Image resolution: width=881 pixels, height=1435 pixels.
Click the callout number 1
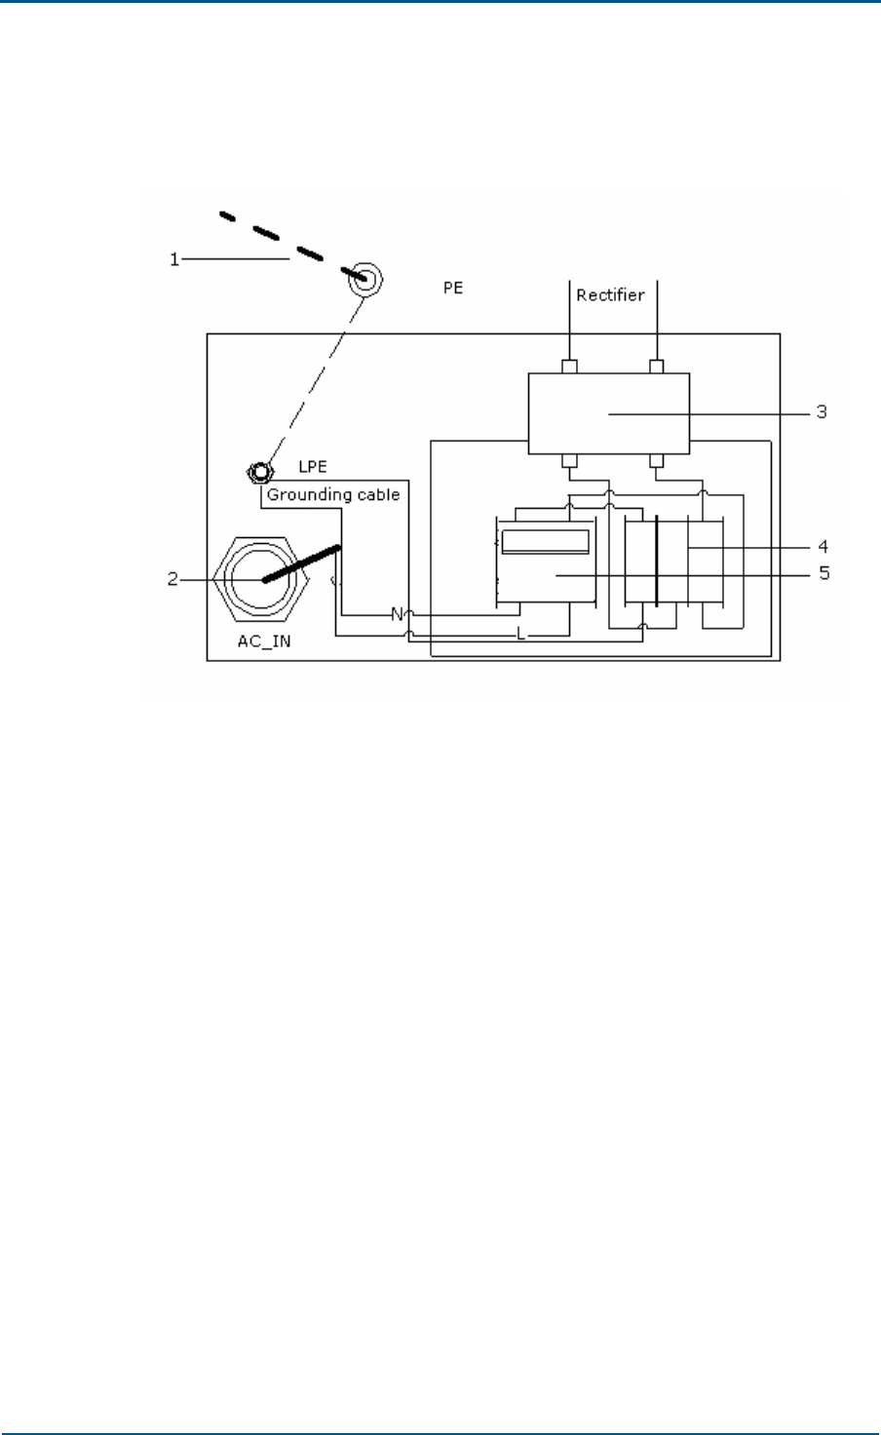174,259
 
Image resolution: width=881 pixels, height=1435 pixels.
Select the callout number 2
172,579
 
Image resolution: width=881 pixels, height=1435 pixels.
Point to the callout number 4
824,546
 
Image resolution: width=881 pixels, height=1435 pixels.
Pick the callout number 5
824,574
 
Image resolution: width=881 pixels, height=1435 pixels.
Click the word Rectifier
610,294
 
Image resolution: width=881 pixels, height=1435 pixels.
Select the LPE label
312,467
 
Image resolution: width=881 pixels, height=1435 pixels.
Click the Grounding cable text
333,494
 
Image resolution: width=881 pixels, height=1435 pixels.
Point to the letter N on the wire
397,614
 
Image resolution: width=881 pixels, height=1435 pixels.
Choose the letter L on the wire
521,635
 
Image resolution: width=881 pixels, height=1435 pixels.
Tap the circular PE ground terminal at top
366,278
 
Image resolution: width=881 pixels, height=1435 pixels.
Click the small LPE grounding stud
257,475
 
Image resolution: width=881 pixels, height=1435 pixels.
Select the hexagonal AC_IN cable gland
262,581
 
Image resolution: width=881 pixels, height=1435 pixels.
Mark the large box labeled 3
608,413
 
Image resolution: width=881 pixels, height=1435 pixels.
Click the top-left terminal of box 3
570,367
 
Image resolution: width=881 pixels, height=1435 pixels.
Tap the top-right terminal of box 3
658,367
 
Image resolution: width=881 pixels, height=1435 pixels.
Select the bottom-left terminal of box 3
570,460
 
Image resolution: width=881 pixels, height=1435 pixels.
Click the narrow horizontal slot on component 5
545,541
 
